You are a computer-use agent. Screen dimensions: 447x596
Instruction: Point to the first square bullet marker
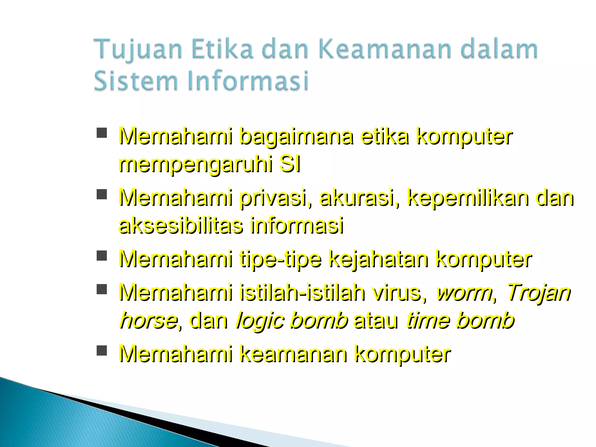coord(101,133)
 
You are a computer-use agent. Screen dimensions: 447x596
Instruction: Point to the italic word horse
coord(149,321)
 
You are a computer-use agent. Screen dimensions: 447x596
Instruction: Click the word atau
coord(375,321)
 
